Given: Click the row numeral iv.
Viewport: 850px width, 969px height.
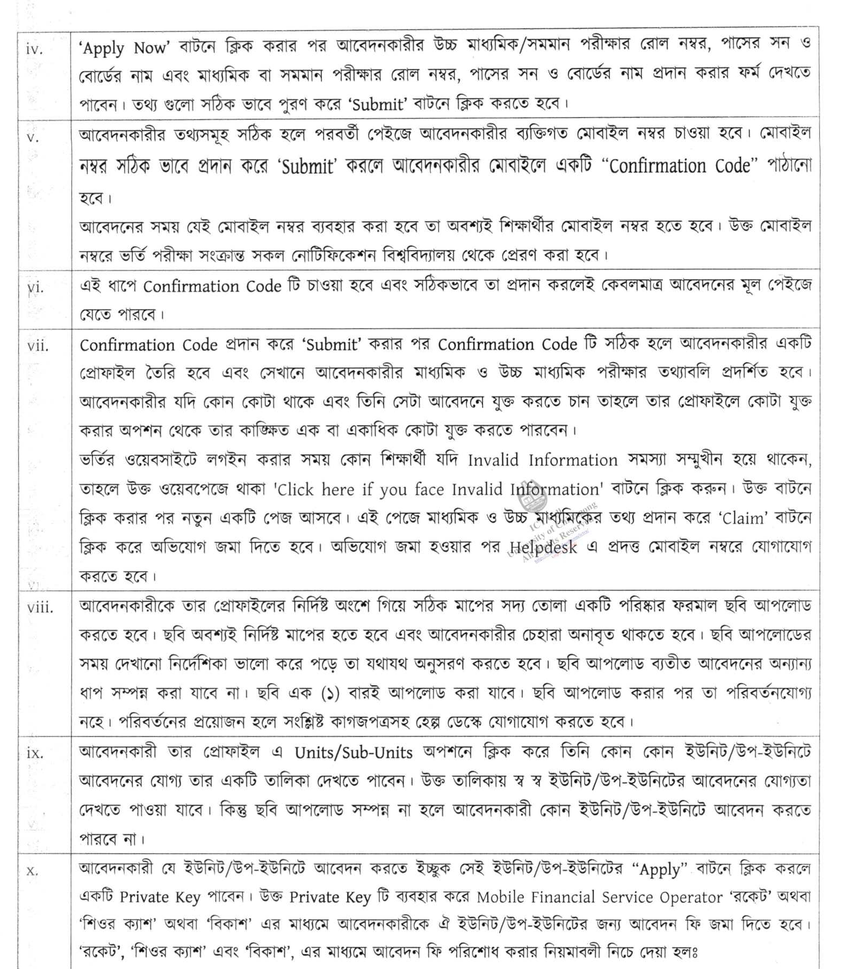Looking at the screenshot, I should (x=34, y=49).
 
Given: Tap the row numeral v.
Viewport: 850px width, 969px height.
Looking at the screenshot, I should (x=33, y=137).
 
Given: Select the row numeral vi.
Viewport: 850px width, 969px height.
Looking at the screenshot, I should (x=35, y=288).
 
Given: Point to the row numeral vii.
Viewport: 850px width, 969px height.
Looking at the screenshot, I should (x=38, y=346).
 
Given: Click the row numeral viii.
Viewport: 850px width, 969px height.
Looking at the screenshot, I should (x=40, y=608).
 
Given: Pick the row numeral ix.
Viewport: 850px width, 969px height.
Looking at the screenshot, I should (x=35, y=753).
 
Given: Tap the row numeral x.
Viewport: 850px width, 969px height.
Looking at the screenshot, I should (x=32, y=870).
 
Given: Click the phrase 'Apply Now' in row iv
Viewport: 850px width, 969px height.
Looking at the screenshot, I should (x=124, y=48).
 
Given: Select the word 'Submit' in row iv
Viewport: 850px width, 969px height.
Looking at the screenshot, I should (x=378, y=104).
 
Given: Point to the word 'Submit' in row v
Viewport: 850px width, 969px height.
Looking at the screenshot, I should (x=307, y=167).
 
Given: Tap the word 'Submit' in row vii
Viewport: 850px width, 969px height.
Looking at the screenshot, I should (x=331, y=344).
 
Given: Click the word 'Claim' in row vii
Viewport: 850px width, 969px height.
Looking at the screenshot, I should (x=743, y=518).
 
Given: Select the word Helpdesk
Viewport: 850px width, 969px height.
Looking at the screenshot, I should (x=543, y=547).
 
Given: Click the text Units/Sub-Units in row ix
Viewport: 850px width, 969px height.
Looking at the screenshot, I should (x=354, y=753).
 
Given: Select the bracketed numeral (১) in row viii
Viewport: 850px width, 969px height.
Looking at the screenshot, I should (x=330, y=694).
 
